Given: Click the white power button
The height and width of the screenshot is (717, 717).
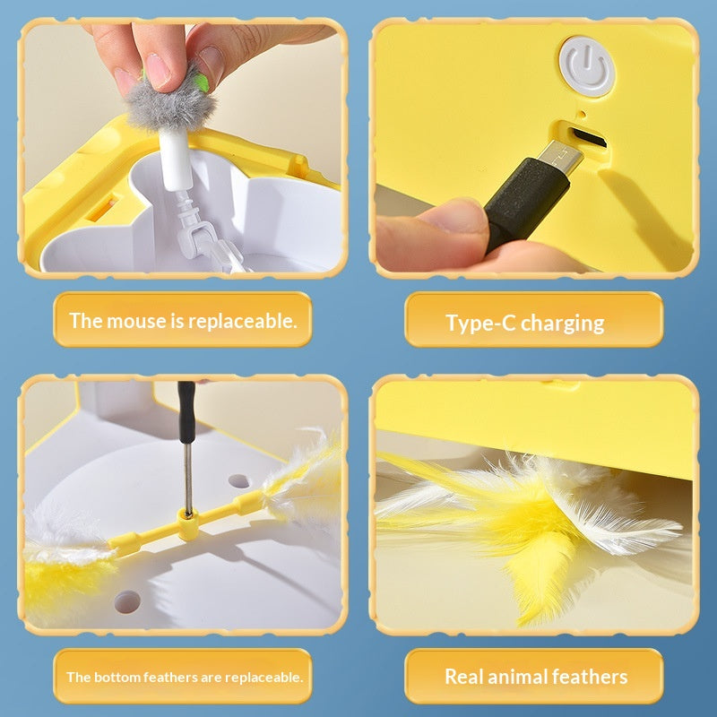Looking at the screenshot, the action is click(x=586, y=66).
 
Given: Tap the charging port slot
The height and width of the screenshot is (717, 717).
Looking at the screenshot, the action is click(x=589, y=137).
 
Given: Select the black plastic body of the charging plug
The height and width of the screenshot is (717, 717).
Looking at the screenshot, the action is click(x=526, y=200).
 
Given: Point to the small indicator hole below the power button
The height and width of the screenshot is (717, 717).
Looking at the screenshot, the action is click(x=582, y=114).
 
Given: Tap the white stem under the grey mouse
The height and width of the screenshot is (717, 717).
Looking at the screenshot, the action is click(x=176, y=158).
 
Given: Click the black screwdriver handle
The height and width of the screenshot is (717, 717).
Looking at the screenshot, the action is click(x=186, y=412).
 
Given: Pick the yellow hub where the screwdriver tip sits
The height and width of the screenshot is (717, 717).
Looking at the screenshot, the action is click(x=187, y=525).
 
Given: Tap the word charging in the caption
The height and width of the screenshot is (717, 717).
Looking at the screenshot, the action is click(x=563, y=324).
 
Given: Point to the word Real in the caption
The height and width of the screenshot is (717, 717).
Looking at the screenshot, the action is click(x=463, y=677).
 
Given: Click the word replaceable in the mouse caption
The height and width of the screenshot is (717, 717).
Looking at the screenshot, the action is click(x=242, y=322).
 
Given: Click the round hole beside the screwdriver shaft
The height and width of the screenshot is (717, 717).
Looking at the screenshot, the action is click(x=238, y=481).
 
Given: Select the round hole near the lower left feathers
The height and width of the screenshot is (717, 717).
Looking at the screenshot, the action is click(x=127, y=601).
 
